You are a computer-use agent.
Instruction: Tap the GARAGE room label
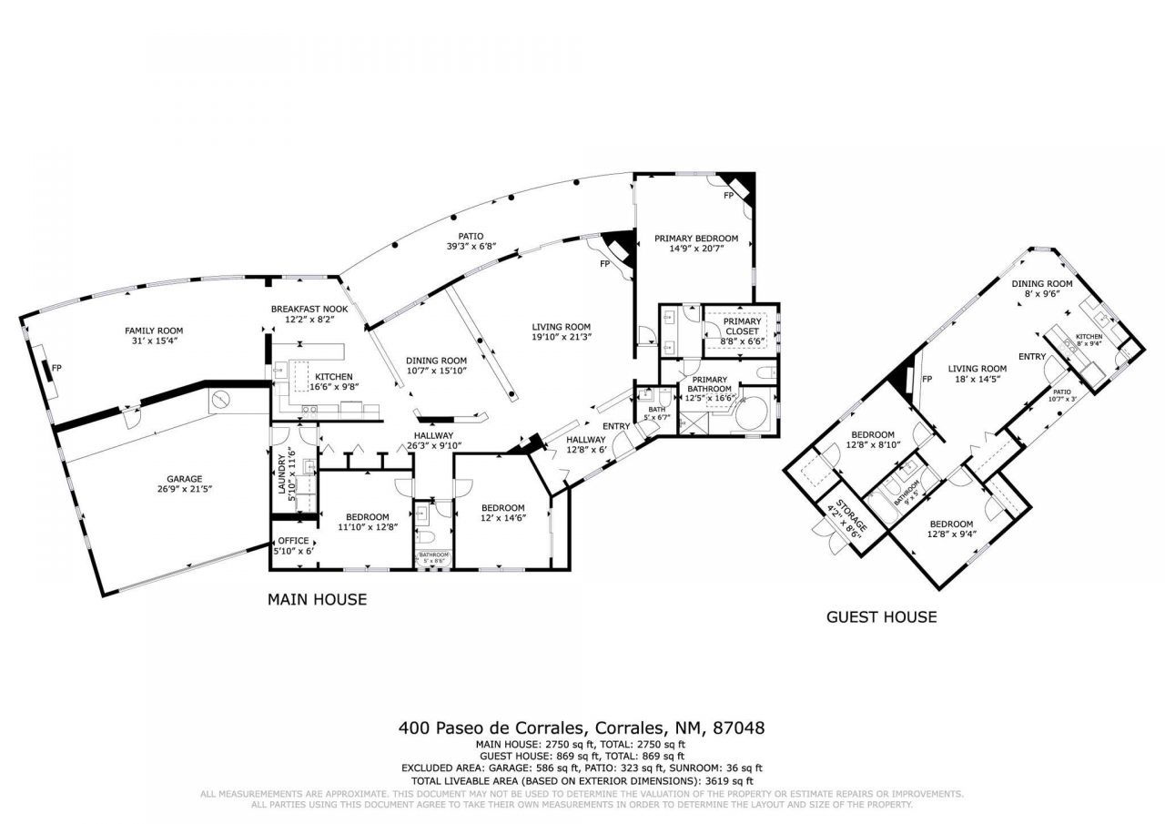click(184, 479)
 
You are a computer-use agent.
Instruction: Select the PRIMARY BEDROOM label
click(696, 239)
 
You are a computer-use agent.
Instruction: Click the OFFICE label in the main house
click(293, 541)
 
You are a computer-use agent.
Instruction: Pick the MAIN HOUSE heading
click(317, 600)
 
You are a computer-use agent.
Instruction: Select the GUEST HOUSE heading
click(881, 617)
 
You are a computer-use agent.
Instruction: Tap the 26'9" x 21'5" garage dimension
click(184, 489)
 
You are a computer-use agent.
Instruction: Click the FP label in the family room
click(56, 368)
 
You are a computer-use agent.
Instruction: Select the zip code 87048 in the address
click(738, 728)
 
